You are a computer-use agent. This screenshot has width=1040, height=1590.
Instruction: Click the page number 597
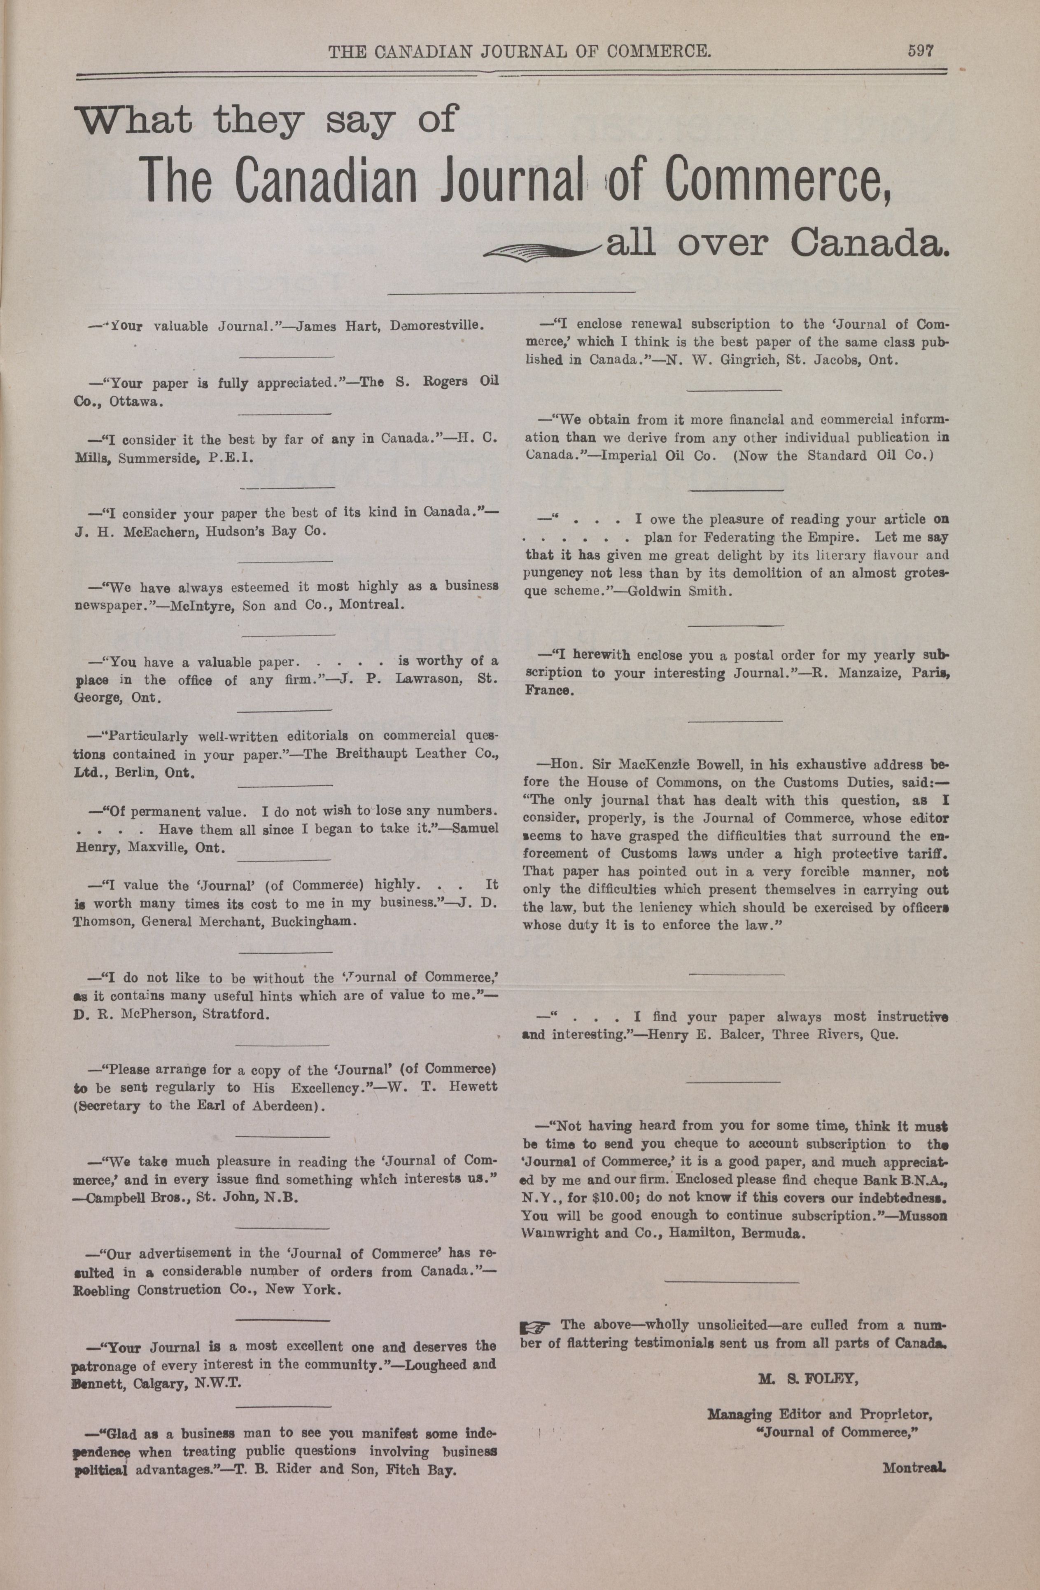coord(920,51)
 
